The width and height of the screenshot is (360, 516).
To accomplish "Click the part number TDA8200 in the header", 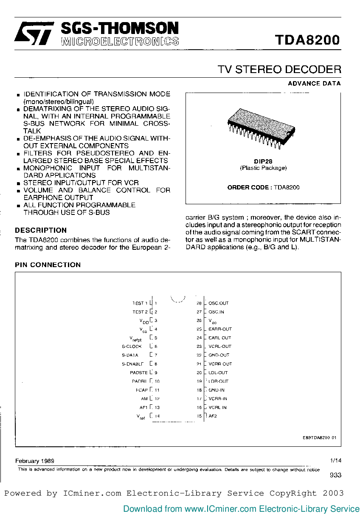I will click(x=307, y=40).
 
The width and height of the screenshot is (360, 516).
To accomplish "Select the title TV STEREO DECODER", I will click(x=279, y=69).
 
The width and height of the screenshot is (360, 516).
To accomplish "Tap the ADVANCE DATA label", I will click(x=314, y=83).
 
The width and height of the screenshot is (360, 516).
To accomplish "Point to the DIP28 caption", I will click(x=263, y=161).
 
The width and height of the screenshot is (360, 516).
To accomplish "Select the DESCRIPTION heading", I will click(x=41, y=230).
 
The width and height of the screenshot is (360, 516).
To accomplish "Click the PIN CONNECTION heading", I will click(x=48, y=265).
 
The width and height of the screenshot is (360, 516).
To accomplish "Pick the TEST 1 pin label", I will click(x=140, y=303).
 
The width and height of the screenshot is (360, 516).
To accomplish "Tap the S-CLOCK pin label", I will click(x=132, y=347).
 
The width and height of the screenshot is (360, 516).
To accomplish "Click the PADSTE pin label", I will click(x=138, y=372).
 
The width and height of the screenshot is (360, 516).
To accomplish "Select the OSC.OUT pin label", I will click(x=219, y=303).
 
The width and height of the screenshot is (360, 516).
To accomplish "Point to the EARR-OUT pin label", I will click(x=220, y=329).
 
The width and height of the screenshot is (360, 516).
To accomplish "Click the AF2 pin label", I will click(x=213, y=416).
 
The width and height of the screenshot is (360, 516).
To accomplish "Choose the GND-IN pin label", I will click(x=217, y=390).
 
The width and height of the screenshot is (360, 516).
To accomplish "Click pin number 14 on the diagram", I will click(x=157, y=416).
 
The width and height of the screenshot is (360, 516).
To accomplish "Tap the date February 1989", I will click(x=34, y=461).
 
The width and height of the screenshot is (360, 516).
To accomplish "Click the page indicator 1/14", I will click(x=335, y=460).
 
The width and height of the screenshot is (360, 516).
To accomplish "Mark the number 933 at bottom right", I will click(x=335, y=476).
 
